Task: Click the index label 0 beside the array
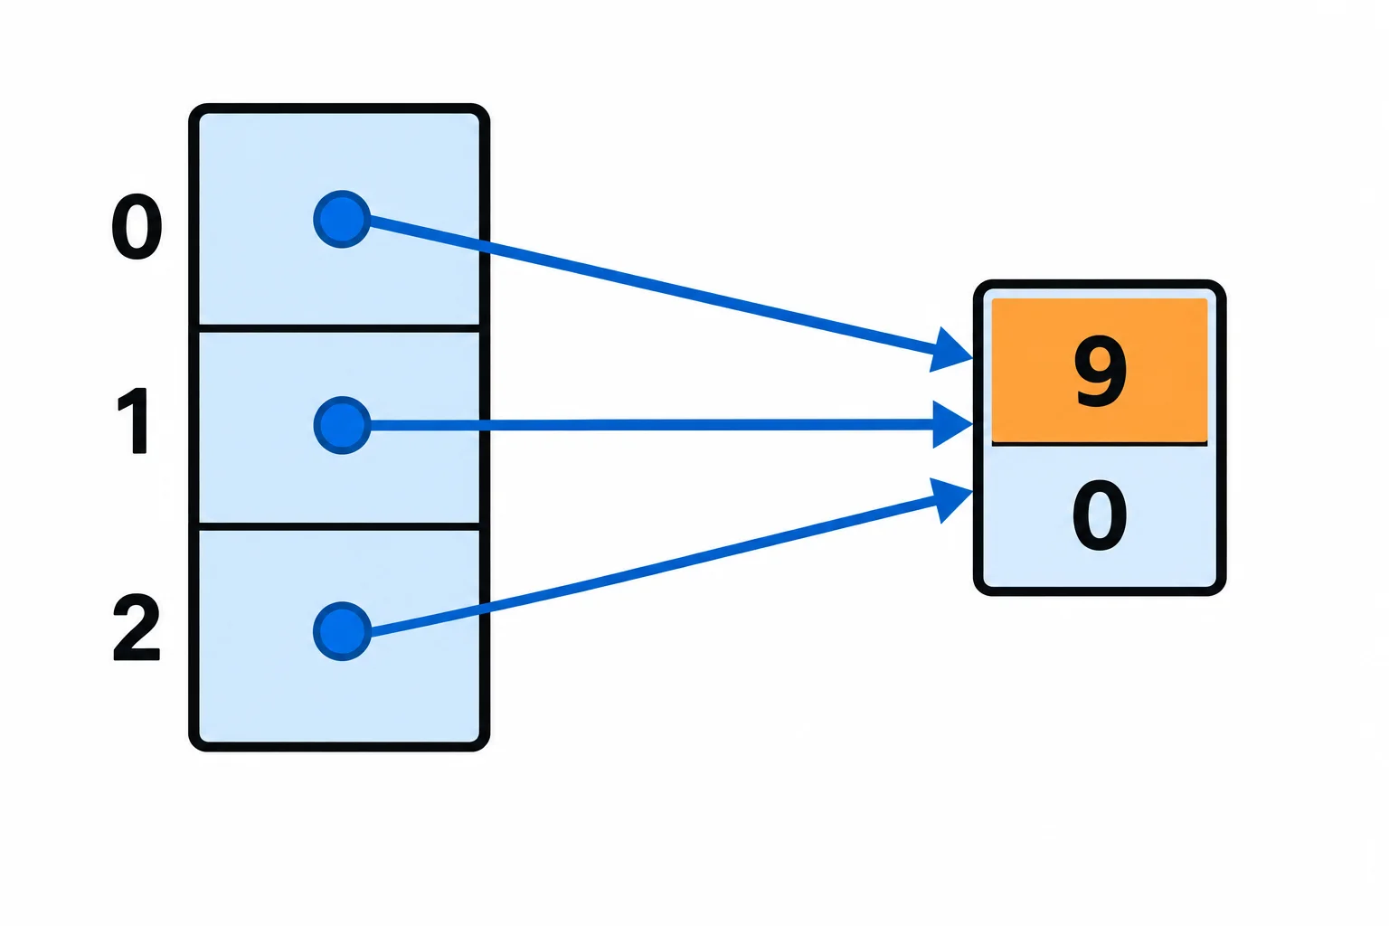[137, 226]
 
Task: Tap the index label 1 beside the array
[134, 421]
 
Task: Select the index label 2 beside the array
[137, 627]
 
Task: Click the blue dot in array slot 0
[343, 220]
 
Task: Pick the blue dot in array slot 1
[343, 426]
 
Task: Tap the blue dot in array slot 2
[343, 631]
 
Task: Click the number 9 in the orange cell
[1100, 373]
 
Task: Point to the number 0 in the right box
[1100, 515]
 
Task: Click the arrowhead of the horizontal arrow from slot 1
[953, 425]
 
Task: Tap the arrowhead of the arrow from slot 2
[952, 500]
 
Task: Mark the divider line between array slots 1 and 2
[339, 526]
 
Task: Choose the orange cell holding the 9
[1100, 371]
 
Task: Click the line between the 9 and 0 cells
[1100, 443]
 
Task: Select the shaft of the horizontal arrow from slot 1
[652, 426]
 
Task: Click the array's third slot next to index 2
[339, 636]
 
